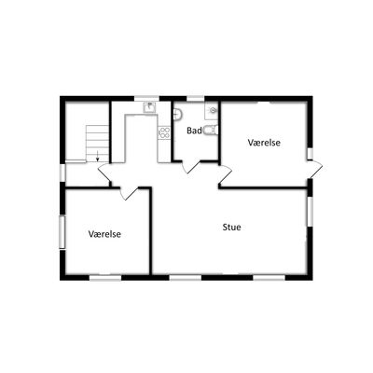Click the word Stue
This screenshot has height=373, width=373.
231,228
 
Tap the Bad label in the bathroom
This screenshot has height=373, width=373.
194,131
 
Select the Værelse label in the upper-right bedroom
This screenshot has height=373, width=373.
264,143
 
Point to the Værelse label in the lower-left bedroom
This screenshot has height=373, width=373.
104,234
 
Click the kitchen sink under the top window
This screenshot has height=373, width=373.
150,107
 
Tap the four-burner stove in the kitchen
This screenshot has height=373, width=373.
164,132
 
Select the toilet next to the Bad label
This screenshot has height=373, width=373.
211,131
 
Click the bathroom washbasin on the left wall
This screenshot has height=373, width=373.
177,114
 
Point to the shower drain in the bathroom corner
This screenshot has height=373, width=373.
213,110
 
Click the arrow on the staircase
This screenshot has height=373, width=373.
97,156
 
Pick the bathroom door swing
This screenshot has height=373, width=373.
191,167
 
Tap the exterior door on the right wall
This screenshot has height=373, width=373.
315,170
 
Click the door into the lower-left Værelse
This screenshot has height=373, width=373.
130,193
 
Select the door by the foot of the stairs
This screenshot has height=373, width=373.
104,174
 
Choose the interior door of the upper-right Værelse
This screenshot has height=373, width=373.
226,175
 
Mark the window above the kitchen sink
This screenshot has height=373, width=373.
146,99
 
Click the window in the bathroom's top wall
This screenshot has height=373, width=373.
195,99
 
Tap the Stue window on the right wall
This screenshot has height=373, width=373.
310,212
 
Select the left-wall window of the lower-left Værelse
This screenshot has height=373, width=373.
62,232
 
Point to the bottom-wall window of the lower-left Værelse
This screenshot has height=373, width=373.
105,278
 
